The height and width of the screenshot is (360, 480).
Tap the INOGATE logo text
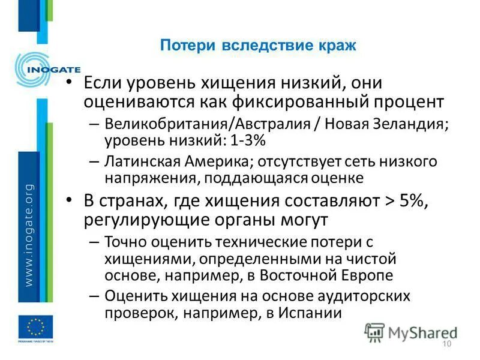click(53, 68)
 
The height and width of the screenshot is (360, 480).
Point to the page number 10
click(446, 343)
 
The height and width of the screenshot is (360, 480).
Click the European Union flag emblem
click(35, 327)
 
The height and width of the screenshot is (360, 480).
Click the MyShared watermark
click(412, 331)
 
